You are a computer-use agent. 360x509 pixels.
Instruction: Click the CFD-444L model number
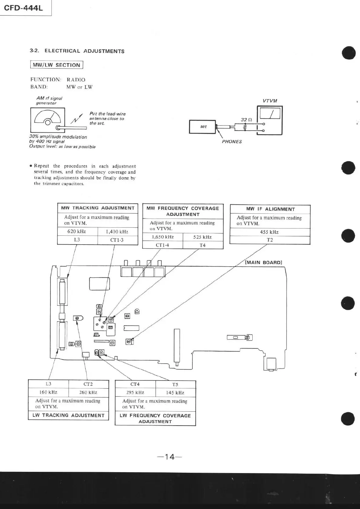click(23, 8)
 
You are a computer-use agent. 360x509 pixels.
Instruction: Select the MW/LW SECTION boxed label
click(57, 65)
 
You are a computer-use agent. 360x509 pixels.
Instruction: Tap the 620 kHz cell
click(77, 232)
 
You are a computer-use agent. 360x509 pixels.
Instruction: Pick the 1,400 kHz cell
click(117, 232)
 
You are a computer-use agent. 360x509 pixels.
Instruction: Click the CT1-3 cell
click(117, 240)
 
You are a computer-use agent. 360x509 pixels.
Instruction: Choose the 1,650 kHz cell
click(163, 237)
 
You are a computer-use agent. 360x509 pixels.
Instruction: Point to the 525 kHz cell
click(202, 237)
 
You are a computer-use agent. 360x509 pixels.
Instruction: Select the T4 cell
click(202, 245)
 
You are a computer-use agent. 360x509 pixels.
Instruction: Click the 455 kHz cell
click(269, 232)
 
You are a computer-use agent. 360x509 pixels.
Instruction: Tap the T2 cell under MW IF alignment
click(270, 240)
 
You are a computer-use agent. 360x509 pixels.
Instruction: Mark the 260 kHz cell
click(88, 392)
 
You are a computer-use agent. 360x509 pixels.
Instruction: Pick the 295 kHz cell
click(135, 393)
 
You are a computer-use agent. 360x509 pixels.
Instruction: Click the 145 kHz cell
click(175, 393)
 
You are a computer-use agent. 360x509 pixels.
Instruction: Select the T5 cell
click(175, 384)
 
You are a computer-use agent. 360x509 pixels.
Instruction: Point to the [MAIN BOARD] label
click(263, 262)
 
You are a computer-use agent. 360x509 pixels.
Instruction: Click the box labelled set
click(203, 127)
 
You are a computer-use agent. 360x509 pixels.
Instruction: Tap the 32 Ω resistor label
click(246, 120)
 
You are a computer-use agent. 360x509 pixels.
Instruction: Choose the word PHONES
click(232, 141)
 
